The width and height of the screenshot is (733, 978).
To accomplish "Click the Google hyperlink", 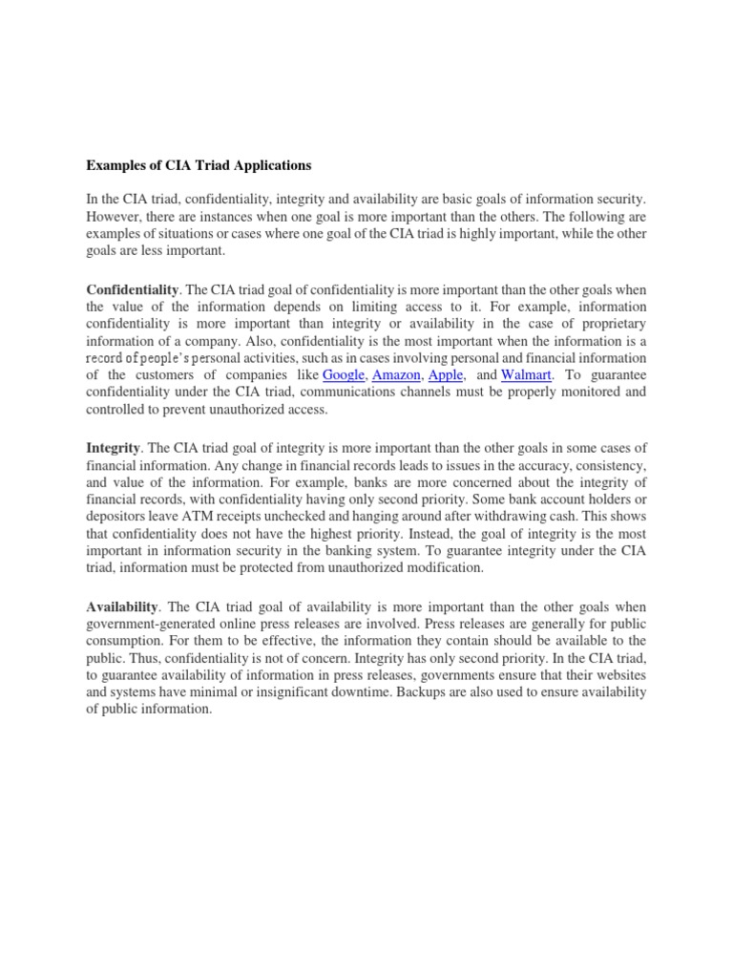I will click(344, 374).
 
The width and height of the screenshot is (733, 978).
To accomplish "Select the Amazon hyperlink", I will click(396, 374).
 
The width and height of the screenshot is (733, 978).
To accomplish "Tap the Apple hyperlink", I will click(446, 374).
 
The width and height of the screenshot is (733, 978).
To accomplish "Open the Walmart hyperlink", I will click(527, 374).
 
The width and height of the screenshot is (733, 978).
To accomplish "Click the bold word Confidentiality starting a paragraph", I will click(134, 288).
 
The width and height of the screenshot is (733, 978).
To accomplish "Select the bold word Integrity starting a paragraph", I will click(114, 447).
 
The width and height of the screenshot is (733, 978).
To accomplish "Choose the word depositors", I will click(117, 518).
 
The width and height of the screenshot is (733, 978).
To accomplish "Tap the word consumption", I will click(125, 641).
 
